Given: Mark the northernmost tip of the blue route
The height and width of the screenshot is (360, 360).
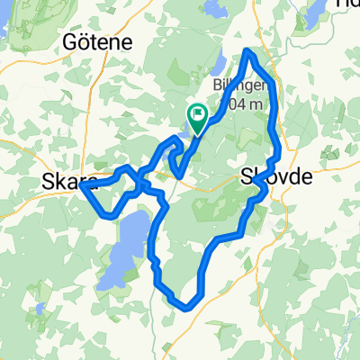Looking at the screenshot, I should coord(249,52).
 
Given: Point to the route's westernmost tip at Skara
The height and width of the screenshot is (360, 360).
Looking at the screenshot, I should coord(82,187).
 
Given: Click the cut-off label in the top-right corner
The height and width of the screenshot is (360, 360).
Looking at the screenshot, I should coord(346,4).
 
